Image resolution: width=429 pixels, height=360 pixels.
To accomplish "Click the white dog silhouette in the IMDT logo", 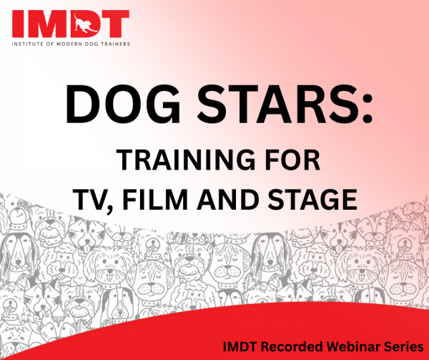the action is coord(84,24).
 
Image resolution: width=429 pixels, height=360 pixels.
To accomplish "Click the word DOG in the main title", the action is coord(123,104).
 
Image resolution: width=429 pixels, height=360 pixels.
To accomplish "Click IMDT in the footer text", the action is coord(240,347).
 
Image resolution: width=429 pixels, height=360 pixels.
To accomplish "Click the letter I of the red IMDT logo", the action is coord(17,24).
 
